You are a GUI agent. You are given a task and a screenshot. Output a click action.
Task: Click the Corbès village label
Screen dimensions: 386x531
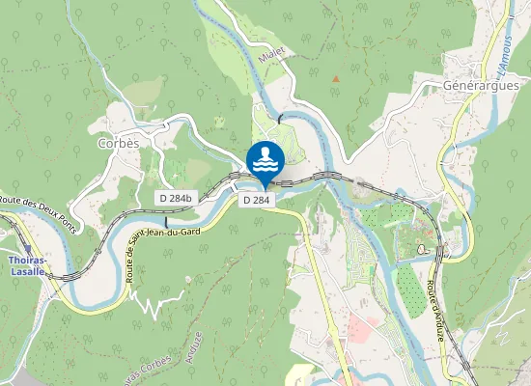[119, 143]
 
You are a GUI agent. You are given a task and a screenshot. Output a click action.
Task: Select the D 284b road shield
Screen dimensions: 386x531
[175, 197]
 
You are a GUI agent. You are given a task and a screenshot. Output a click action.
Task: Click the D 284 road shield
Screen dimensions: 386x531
[256, 200]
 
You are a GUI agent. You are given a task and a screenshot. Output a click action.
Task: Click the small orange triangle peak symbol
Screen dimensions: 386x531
[336, 78]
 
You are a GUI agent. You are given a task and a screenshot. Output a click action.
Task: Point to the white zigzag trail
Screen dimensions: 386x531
[152, 303]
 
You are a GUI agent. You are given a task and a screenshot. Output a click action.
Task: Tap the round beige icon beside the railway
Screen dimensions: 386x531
[422, 249]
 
